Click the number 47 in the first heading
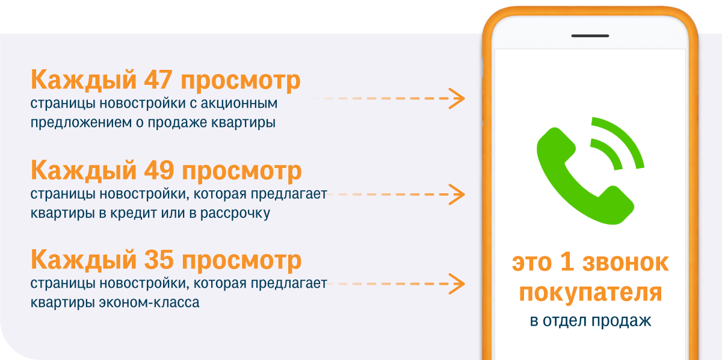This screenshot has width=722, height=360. click(158, 79)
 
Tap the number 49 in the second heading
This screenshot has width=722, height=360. click(159, 170)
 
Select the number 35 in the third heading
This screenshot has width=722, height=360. click(159, 259)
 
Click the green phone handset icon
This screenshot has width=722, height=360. click(585, 176)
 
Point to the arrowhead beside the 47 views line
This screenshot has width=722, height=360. click(457, 98)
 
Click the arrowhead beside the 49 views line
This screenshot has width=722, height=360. click(457, 194)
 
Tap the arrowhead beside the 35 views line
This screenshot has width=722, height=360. click(457, 284)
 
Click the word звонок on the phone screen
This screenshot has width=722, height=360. click(626, 263)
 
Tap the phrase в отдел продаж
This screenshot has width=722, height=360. click(590, 321)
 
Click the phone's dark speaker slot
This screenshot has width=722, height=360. click(590, 36)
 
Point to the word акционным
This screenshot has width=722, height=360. click(239, 104)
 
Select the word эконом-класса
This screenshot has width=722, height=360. click(149, 303)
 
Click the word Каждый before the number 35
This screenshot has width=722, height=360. click(84, 259)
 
